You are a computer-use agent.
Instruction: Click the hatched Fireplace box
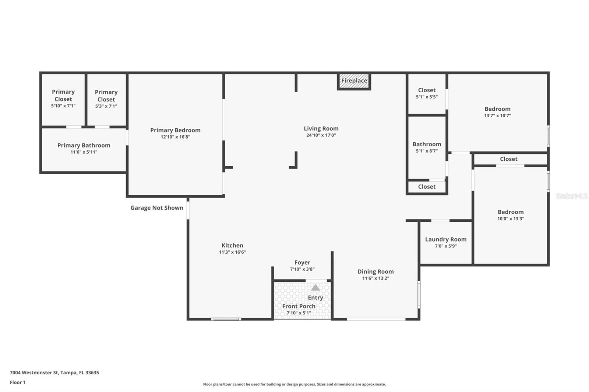[x=354, y=81]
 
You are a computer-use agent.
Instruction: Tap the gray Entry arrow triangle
[x=315, y=288]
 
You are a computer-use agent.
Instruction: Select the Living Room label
[x=321, y=128]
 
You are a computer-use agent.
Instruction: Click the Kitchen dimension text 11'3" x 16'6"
[x=232, y=252]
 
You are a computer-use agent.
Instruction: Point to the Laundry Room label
[x=446, y=239]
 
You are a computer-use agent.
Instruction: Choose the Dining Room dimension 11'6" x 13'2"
[x=375, y=278]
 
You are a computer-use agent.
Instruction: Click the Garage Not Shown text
[x=157, y=208]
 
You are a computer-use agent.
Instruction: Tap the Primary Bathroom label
[x=84, y=145]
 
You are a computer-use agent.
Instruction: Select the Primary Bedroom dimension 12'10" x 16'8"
[x=175, y=137]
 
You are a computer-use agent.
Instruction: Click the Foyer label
[x=302, y=263]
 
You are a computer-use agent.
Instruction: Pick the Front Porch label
[x=299, y=306]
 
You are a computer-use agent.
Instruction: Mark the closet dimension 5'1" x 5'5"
[x=427, y=97]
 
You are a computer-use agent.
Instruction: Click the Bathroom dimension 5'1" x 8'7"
[x=427, y=151]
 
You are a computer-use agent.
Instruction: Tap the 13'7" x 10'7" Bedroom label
[x=497, y=109]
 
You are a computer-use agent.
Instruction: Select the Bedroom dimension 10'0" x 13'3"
[x=511, y=219]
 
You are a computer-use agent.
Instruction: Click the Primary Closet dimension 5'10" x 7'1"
[x=63, y=106]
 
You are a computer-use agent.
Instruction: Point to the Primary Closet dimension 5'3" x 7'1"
[x=106, y=106]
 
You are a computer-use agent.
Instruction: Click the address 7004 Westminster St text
[x=54, y=373]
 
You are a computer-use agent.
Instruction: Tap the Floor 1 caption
[x=18, y=382]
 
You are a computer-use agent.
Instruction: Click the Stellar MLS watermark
[x=571, y=196]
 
